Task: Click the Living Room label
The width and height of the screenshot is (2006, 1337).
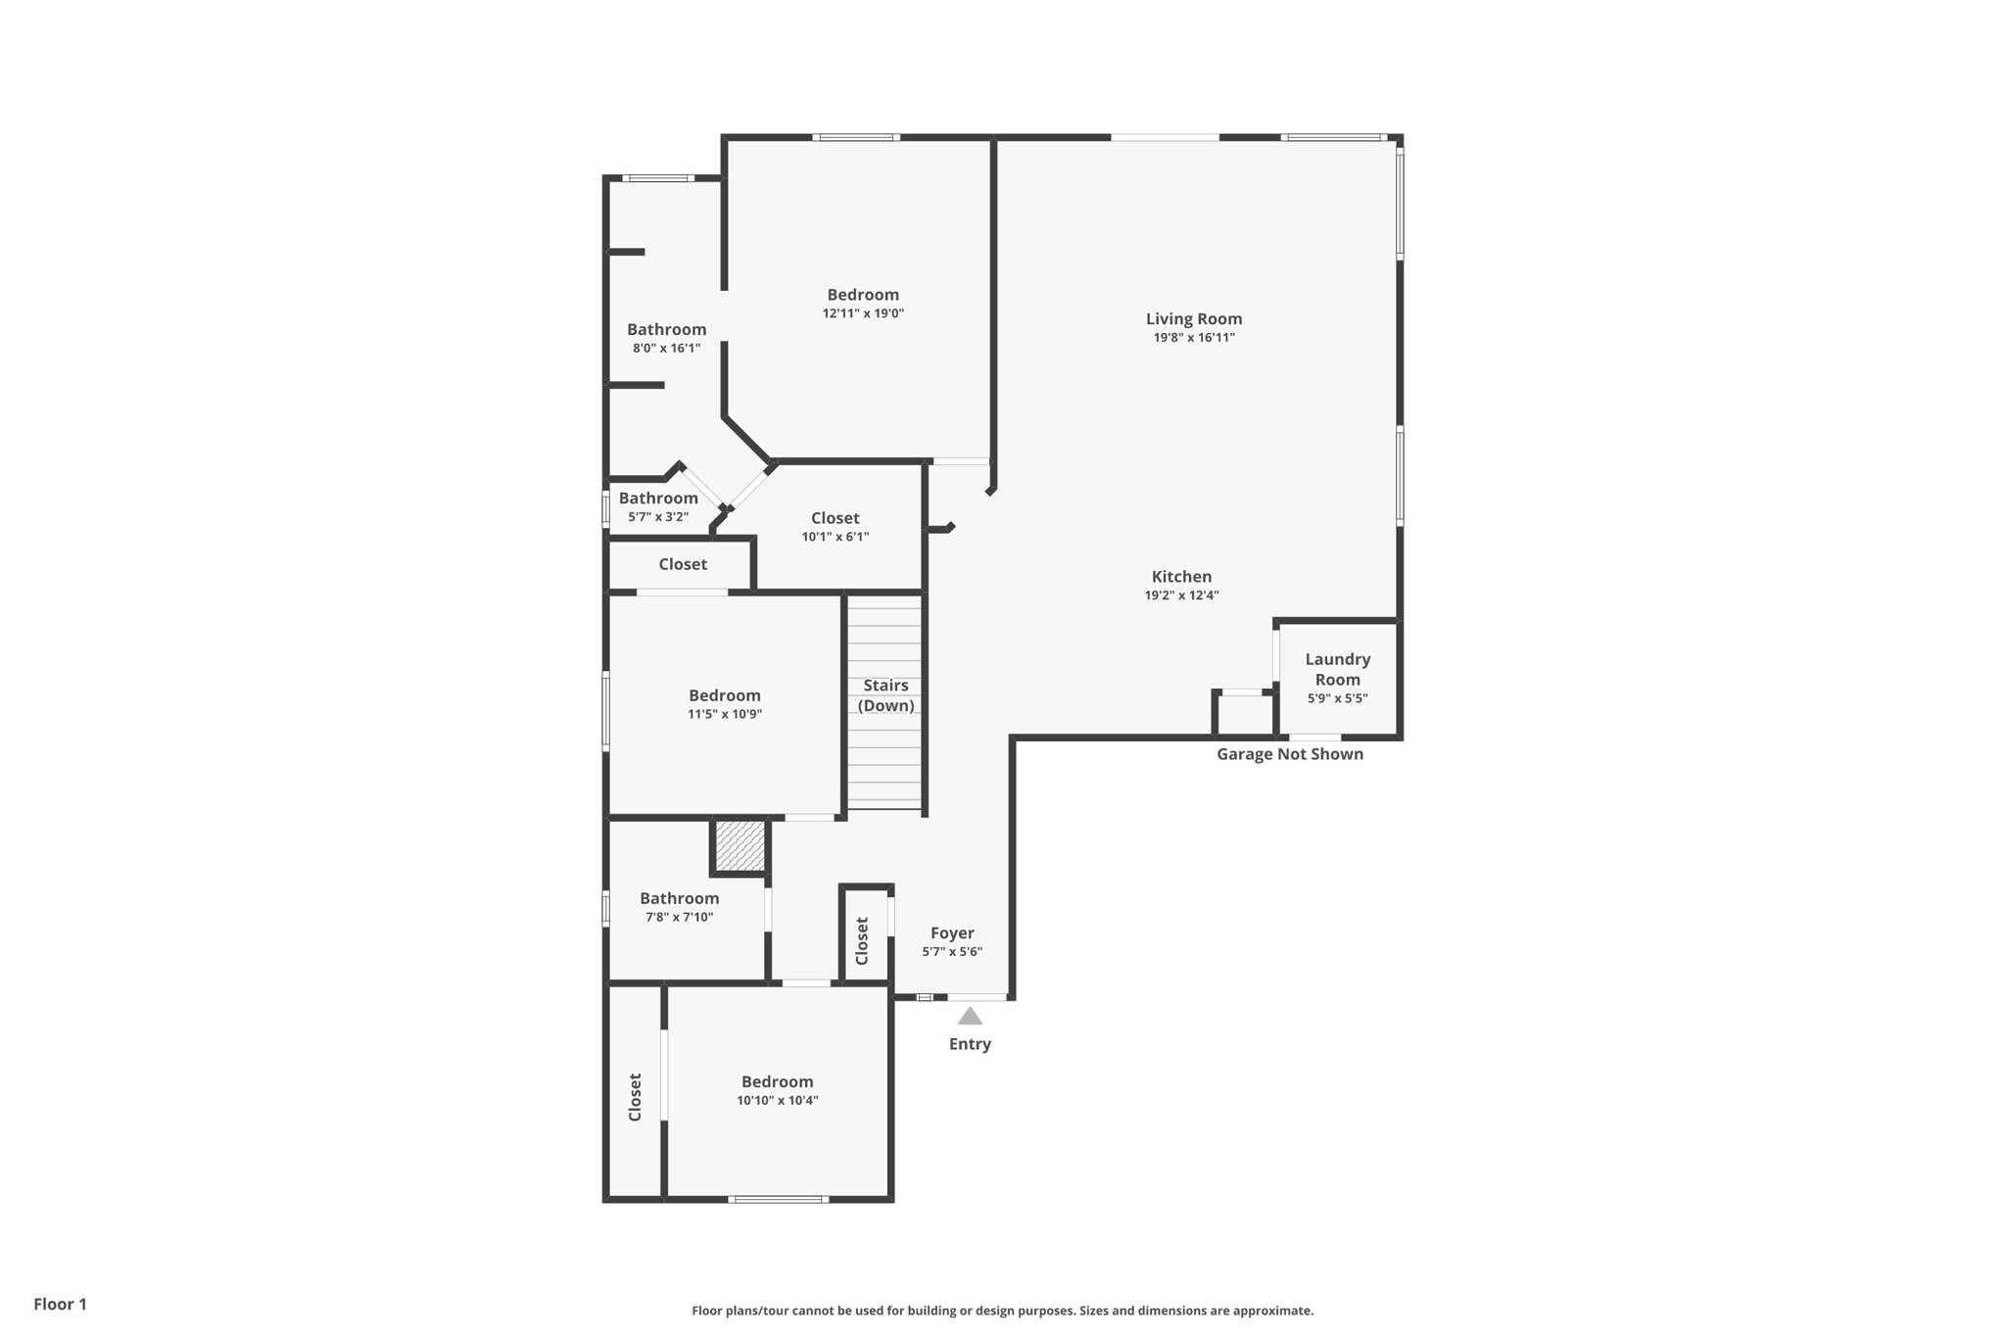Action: [1193, 319]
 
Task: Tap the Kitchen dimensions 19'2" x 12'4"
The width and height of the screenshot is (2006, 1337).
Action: [1181, 596]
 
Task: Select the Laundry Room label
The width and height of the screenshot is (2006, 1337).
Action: [1337, 669]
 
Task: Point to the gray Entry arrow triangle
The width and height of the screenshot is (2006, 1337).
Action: [970, 1017]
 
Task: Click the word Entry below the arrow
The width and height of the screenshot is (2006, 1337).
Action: [970, 1044]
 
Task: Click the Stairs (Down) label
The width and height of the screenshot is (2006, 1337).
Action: [885, 695]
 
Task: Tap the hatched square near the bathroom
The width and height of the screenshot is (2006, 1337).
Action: [740, 845]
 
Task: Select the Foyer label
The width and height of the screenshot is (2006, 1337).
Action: [952, 933]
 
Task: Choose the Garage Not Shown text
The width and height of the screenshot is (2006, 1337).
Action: [1289, 754]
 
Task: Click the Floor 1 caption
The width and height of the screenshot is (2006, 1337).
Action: [61, 1304]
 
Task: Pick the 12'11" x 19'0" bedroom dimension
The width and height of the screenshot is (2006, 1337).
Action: [863, 313]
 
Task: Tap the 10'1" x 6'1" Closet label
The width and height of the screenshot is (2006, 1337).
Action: [835, 518]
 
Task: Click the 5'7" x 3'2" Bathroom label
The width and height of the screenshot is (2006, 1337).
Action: [658, 499]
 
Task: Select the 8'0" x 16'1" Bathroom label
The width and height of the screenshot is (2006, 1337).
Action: [666, 330]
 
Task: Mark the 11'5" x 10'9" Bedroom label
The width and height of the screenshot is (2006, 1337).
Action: [724, 695]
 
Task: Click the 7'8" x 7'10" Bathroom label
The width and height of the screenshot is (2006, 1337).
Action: [679, 898]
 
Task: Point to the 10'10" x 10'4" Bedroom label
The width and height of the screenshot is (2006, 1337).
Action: [777, 1081]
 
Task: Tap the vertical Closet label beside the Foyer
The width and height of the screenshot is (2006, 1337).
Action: [862, 940]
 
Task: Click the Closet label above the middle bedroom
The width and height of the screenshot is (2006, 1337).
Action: [682, 564]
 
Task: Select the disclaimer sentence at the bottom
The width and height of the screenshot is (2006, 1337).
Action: [1002, 1311]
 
